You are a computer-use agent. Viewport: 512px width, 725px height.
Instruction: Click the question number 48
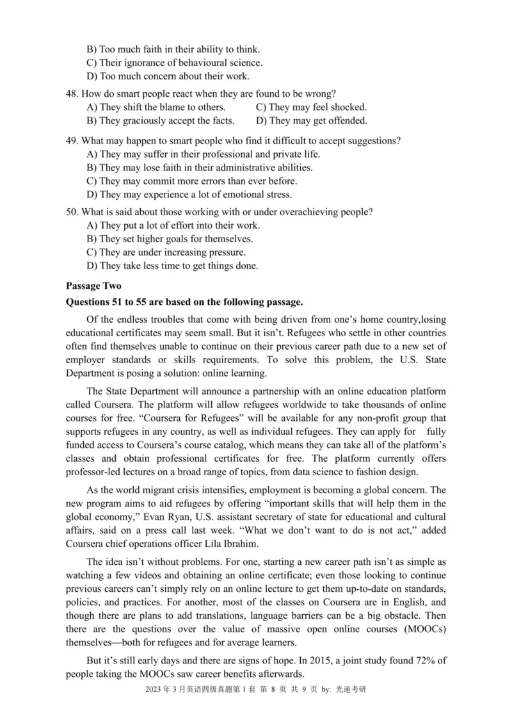(72, 94)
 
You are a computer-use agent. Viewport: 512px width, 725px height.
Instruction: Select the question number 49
(72, 141)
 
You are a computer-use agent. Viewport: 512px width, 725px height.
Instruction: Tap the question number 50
(72, 211)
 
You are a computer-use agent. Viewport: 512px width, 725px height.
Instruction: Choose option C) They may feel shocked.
(311, 108)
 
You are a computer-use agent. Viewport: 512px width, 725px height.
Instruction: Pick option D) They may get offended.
(312, 120)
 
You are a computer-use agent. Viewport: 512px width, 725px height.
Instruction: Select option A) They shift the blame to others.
(156, 108)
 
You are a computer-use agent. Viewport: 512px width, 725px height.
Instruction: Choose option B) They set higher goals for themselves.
(170, 239)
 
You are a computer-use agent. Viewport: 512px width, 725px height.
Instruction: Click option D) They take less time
(172, 266)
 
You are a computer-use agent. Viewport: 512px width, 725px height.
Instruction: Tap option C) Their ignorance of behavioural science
(174, 63)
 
